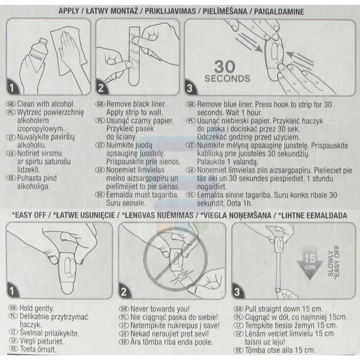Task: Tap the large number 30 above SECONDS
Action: pos(225,67)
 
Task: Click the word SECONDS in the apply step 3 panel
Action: pos(227,78)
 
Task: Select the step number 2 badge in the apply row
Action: pos(102,87)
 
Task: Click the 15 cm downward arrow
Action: pos(310,263)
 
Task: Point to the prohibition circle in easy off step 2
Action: pos(176,259)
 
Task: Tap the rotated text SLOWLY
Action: pos(330,264)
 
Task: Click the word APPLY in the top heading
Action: pos(68,11)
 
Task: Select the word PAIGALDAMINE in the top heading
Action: pos(279,11)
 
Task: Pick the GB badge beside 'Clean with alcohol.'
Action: pos(11,104)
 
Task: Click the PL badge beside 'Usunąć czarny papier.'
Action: pos(100,120)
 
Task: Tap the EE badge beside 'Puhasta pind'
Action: pos(11,178)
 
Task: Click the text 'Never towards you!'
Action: pos(160,309)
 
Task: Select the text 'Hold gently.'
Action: pos(37,308)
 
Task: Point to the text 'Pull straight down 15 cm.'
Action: pos(284,309)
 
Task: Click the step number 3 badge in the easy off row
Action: pos(237,292)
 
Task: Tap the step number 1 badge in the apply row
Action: pos(12,87)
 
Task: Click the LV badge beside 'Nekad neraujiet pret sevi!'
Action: pos(124,333)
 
